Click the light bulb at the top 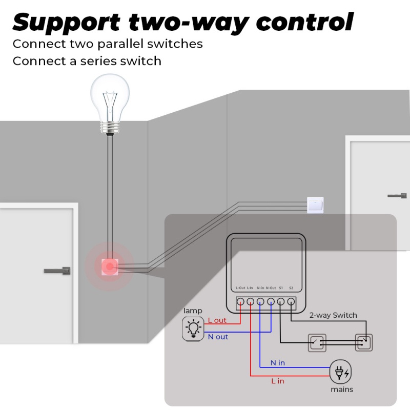pos(110,102)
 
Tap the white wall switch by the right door pos(315,206)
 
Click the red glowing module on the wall pos(110,266)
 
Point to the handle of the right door pos(398,195)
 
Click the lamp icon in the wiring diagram pos(193,329)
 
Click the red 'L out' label pos(217,320)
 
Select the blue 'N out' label pos(218,337)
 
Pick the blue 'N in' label pos(278,363)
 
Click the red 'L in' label pos(277,381)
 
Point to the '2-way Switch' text pos(333,315)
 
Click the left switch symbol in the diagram pos(316,342)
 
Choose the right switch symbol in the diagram pos(364,342)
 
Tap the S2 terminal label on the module pos(291,288)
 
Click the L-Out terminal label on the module pos(240,288)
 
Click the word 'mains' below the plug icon pos(341,389)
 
